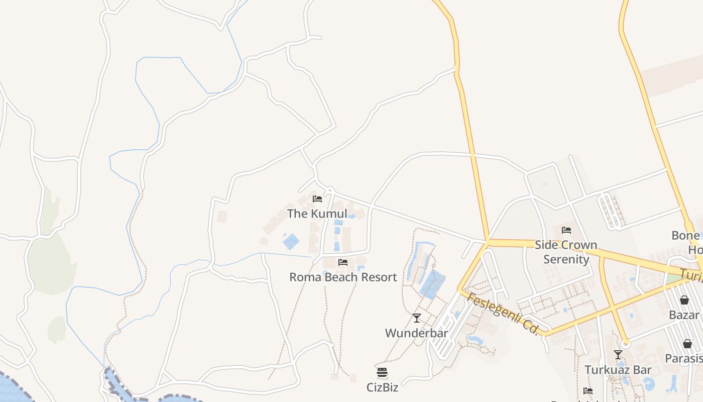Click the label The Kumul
pos(317,214)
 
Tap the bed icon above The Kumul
pos(317,199)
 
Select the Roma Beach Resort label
pos(343,277)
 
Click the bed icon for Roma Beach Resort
pos(343,262)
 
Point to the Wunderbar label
pos(416,333)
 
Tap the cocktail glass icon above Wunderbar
pos(416,318)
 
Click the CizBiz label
pos(382,387)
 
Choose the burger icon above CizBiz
pos(382,372)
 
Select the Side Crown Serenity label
pos(566,252)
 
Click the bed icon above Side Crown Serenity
pos(566,230)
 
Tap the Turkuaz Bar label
pos(618,370)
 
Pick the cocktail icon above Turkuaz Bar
pos(618,355)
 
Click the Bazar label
pos(684,315)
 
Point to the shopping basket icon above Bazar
pos(684,300)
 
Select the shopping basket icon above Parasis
pos(687,344)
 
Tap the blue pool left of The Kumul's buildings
pos(291,241)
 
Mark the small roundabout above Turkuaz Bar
pos(625,344)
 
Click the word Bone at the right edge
pos(685,235)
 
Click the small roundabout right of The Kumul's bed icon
pos(329,190)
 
